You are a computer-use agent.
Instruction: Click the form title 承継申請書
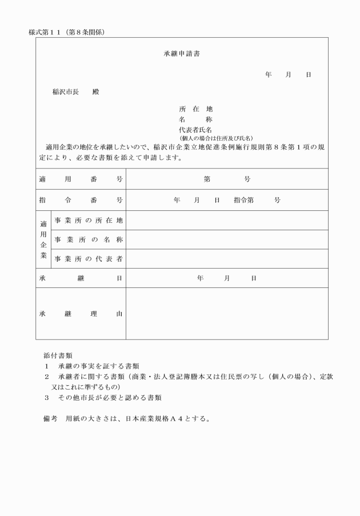[x=181, y=54]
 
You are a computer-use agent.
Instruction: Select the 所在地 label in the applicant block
[x=195, y=109]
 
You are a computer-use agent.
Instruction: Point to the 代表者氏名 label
[x=195, y=130]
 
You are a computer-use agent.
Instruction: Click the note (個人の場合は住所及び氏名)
[x=216, y=138]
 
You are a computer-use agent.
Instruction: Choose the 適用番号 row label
[x=81, y=179]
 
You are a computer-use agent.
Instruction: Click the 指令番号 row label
[x=81, y=200]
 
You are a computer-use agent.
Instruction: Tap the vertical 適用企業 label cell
[x=43, y=239]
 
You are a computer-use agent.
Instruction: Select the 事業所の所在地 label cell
[x=89, y=220]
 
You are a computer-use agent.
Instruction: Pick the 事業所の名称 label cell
[x=89, y=239]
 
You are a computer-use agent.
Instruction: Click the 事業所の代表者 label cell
[x=89, y=259]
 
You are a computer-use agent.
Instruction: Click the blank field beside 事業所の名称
[x=227, y=239]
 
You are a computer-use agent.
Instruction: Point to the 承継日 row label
[x=81, y=278]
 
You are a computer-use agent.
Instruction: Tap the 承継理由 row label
[x=81, y=314]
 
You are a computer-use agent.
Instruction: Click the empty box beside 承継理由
[x=227, y=314]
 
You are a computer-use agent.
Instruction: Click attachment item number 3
[x=47, y=397]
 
